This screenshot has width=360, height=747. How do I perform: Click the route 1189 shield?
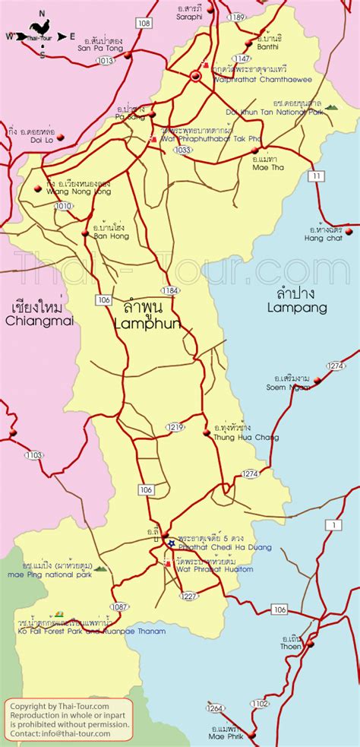click(x=238, y=17)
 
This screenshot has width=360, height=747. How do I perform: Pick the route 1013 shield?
click(x=106, y=59)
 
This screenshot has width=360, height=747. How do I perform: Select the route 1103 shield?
click(x=33, y=455)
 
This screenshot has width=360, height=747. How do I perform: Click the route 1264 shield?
click(x=215, y=708)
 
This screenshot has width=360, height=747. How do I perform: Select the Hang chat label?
click(x=324, y=238)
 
